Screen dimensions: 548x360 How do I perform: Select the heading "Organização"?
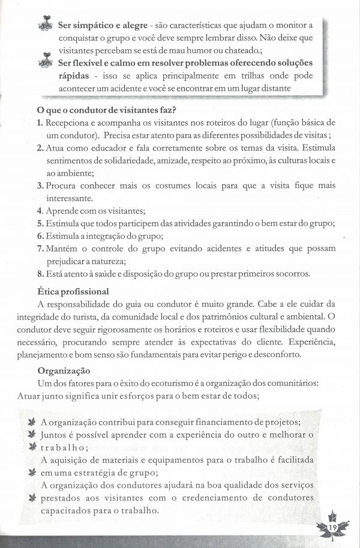(64, 370)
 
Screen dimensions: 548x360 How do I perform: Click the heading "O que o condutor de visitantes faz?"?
(106, 110)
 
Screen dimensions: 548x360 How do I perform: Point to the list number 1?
(39, 122)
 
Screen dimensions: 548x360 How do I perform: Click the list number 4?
(39, 211)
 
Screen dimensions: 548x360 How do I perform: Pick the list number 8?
(39, 274)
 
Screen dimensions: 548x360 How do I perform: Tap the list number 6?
(39, 236)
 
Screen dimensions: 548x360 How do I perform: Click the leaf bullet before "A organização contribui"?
(32, 421)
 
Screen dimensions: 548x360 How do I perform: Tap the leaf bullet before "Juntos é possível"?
(32, 434)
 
